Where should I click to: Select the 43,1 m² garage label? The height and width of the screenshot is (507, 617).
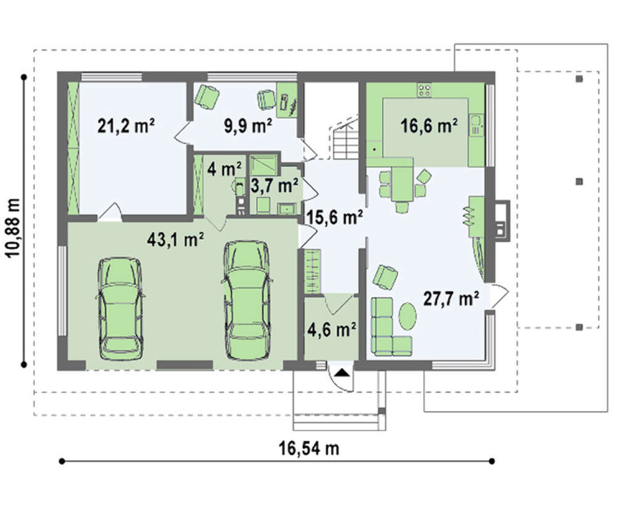tap(175, 239)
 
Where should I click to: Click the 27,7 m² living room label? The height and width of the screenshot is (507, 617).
tap(451, 299)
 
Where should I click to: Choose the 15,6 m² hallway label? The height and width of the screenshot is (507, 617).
tap(334, 217)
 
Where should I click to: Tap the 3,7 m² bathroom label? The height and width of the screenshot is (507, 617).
tap(275, 185)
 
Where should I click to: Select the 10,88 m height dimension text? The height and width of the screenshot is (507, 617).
tap(14, 227)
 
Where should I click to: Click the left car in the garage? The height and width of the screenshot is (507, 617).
tap(120, 308)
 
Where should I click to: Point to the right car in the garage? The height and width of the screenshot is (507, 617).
tap(247, 300)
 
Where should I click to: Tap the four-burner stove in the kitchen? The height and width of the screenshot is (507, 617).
tap(424, 90)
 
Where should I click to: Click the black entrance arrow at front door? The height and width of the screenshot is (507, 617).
tap(342, 372)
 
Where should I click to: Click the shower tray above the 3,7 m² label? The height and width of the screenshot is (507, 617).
tap(263, 165)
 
